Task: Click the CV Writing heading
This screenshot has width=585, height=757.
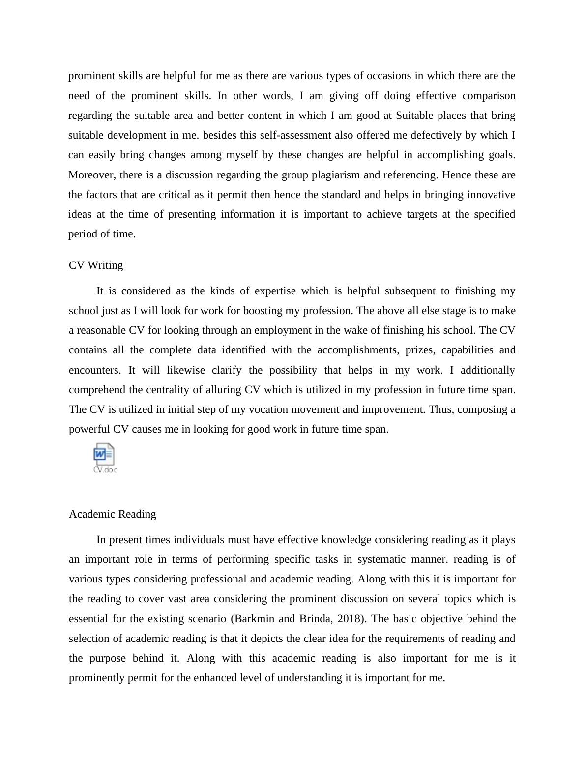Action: coord(96,265)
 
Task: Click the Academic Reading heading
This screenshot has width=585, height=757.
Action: coord(113,514)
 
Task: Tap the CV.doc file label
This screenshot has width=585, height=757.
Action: coord(105,470)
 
